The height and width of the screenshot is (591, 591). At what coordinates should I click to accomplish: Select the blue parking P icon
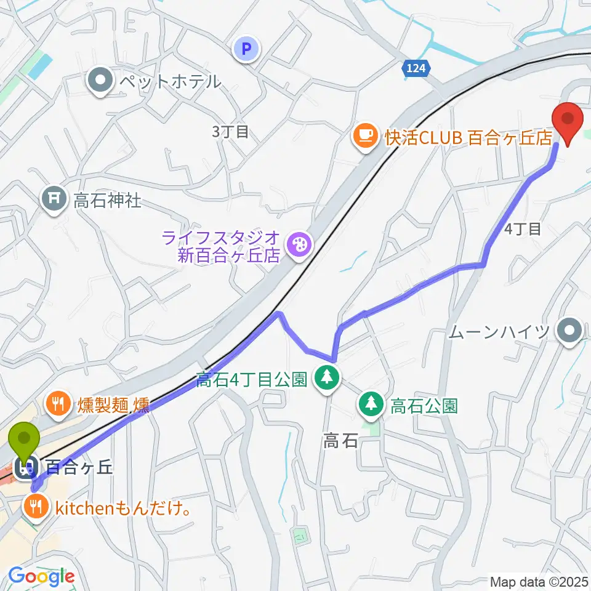(x=247, y=49)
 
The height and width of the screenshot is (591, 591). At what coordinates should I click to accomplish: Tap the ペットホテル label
(x=169, y=80)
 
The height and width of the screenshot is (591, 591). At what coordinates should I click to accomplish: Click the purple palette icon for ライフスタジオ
(x=300, y=244)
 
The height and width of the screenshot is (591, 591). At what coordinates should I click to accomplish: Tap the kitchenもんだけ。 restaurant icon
(x=35, y=507)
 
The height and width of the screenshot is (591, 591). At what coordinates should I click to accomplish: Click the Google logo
(x=41, y=577)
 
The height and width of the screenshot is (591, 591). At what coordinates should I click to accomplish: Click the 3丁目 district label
(x=229, y=131)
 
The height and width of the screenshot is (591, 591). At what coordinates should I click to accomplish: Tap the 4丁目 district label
(x=523, y=229)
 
